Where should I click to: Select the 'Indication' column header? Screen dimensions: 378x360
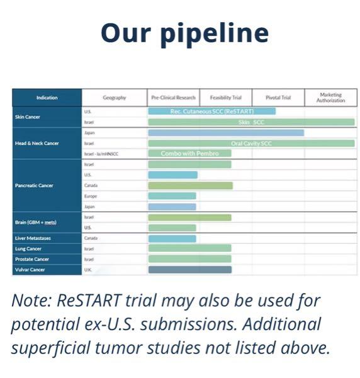(47, 98)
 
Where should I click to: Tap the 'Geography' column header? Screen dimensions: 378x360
(114, 98)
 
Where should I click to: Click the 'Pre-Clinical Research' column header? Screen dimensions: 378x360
(174, 98)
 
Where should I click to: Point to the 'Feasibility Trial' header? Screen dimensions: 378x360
(225, 98)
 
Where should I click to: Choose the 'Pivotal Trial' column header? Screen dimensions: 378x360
(278, 98)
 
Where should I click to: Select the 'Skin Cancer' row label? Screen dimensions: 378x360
(28, 117)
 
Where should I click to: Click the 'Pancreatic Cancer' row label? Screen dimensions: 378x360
(34, 185)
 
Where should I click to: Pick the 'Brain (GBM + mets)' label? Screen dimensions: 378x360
(35, 222)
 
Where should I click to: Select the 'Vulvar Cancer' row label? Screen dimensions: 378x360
(30, 270)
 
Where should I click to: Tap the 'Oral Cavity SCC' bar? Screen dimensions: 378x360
(251, 143)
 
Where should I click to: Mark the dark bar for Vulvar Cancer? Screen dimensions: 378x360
(189, 270)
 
